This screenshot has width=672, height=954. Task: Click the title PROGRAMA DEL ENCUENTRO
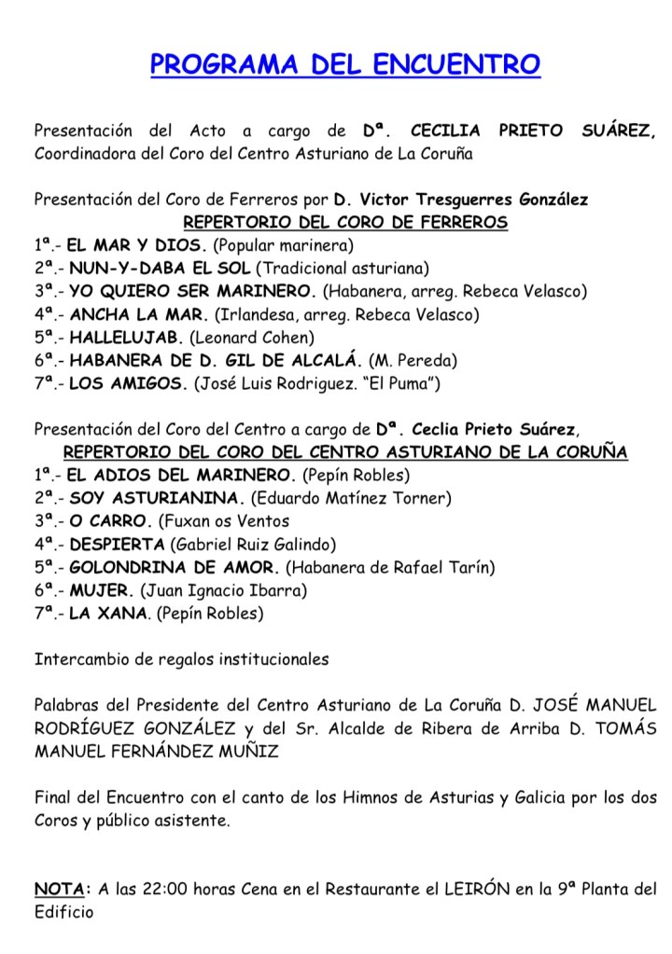point(345,65)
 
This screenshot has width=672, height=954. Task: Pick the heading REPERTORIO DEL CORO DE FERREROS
point(345,224)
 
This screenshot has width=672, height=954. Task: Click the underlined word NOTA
point(63,889)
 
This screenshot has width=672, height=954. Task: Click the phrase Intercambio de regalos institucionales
point(182,658)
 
